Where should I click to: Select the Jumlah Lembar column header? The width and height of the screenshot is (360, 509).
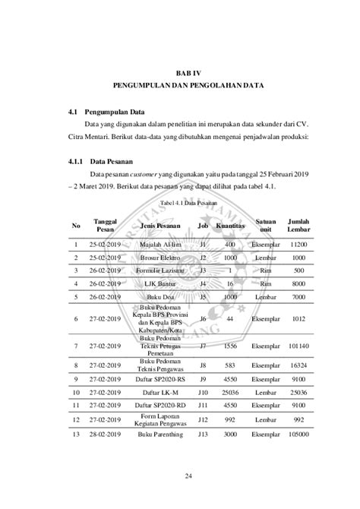(x=298, y=226)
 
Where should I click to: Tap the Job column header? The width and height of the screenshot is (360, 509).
(x=203, y=226)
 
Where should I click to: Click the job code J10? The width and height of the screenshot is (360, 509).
(x=203, y=392)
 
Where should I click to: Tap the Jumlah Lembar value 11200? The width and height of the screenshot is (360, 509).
(x=298, y=245)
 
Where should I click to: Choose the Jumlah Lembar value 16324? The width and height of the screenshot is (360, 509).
(x=298, y=365)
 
